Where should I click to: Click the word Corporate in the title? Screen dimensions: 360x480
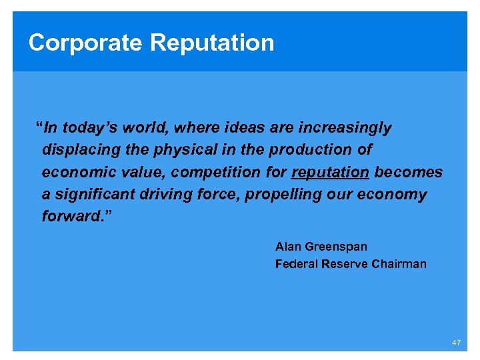click(x=85, y=43)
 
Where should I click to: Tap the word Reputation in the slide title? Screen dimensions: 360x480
click(x=212, y=43)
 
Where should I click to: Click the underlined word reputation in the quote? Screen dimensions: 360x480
click(x=330, y=173)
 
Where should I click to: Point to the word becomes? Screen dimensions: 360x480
click(x=408, y=173)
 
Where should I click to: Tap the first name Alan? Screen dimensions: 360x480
click(x=288, y=247)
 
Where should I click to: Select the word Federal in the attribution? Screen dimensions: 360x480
click(x=296, y=264)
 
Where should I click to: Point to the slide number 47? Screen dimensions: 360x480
click(x=456, y=342)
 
